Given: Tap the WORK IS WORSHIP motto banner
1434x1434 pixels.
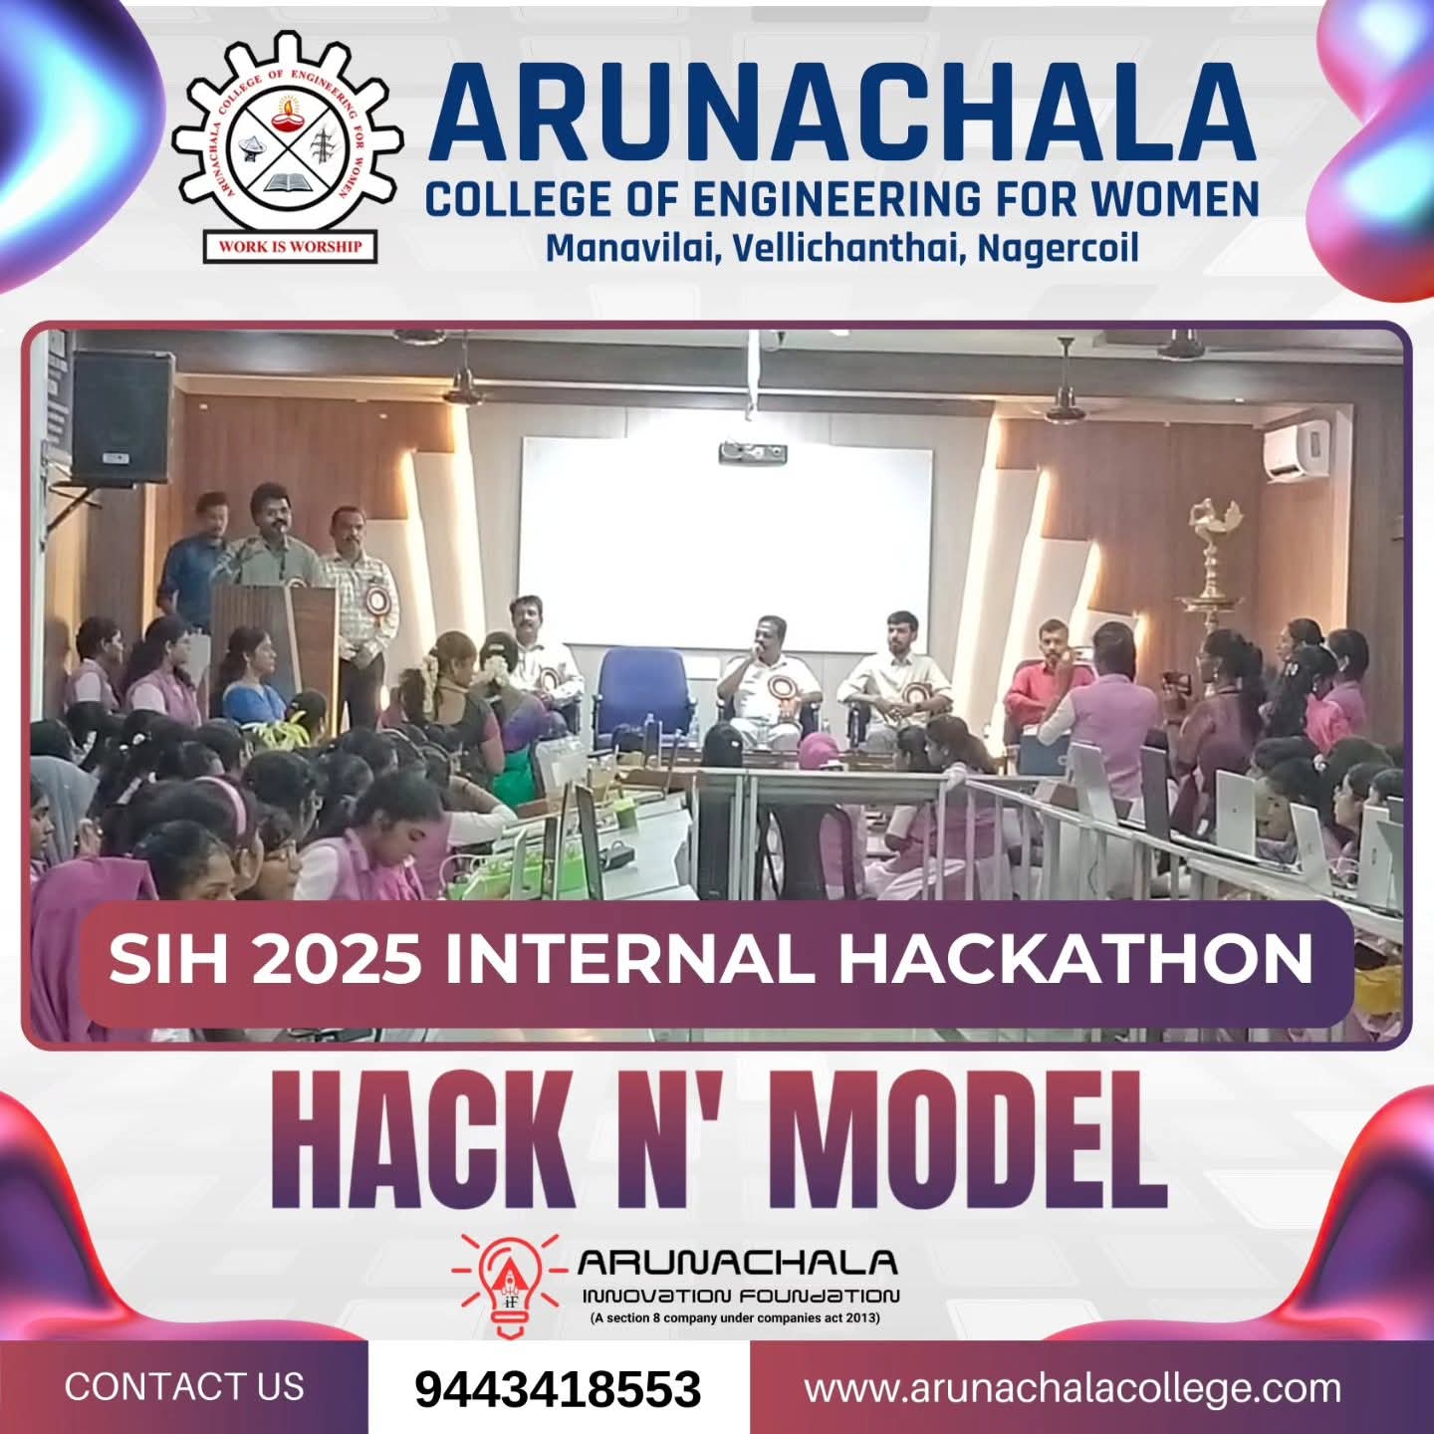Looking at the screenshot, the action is (290, 246).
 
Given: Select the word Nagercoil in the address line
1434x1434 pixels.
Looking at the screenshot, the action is (1058, 249).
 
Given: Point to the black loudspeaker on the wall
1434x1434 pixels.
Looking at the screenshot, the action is (122, 416).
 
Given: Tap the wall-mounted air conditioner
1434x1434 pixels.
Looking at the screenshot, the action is (1296, 448).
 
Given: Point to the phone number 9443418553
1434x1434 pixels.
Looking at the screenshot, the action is (558, 1388).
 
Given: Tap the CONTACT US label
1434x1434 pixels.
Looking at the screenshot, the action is (184, 1386).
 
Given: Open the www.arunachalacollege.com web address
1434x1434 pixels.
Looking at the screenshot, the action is (1074, 1388).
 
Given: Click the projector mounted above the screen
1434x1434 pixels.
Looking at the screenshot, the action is (752, 451).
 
